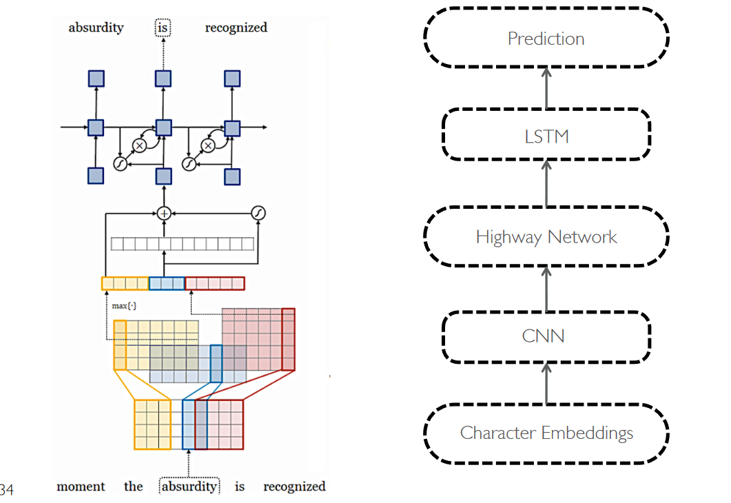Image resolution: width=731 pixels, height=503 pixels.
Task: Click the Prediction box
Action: click(546, 38)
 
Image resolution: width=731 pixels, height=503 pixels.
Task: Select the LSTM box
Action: click(546, 135)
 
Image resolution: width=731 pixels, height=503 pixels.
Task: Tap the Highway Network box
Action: click(546, 236)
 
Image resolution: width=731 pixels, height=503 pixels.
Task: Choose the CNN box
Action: click(546, 336)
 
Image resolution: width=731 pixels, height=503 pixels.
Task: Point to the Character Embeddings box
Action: click(546, 433)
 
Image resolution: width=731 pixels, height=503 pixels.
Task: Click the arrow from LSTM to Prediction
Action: click(546, 88)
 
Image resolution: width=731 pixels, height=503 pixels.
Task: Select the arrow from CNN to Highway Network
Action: click(546, 288)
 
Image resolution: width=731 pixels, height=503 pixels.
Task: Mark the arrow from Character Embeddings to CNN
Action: click(546, 383)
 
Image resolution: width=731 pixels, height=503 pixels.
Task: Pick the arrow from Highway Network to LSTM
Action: click(546, 184)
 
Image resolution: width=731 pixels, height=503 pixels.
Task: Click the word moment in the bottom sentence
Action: click(81, 486)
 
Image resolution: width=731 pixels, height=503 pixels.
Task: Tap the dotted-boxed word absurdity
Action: click(189, 486)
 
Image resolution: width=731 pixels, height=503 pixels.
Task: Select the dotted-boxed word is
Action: click(163, 28)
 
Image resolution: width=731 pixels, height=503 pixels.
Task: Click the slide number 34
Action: click(6, 490)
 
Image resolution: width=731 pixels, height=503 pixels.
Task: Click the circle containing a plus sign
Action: click(163, 214)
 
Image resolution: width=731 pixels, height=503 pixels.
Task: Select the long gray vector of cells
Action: click(183, 244)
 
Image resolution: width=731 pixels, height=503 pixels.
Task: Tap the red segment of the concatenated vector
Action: click(214, 283)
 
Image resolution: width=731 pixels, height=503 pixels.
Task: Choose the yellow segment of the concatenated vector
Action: click(125, 283)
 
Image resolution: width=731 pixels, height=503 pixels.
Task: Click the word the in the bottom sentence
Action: click(133, 486)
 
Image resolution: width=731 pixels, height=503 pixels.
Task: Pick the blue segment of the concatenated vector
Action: click(167, 283)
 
